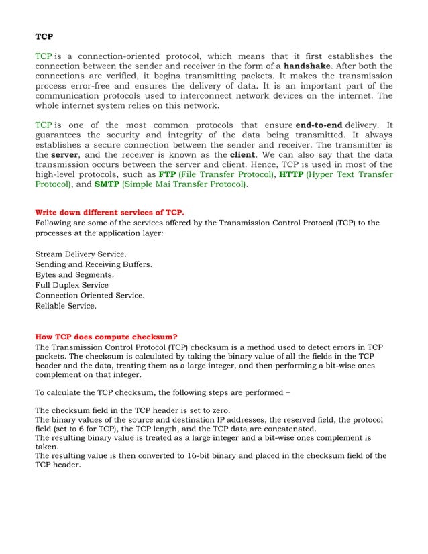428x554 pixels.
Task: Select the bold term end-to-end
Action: pyautogui.click(x=323, y=125)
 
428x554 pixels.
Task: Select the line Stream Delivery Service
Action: pyautogui.click(x=81, y=254)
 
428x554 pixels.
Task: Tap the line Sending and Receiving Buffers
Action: pyautogui.click(x=93, y=264)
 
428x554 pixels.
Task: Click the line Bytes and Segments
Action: pyautogui.click(x=74, y=275)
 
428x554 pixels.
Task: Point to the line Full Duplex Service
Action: pyautogui.click(x=71, y=285)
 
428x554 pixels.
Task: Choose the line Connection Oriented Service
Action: pyautogui.click(x=89, y=295)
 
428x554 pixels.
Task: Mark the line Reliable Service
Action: pyautogui.click(x=65, y=306)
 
